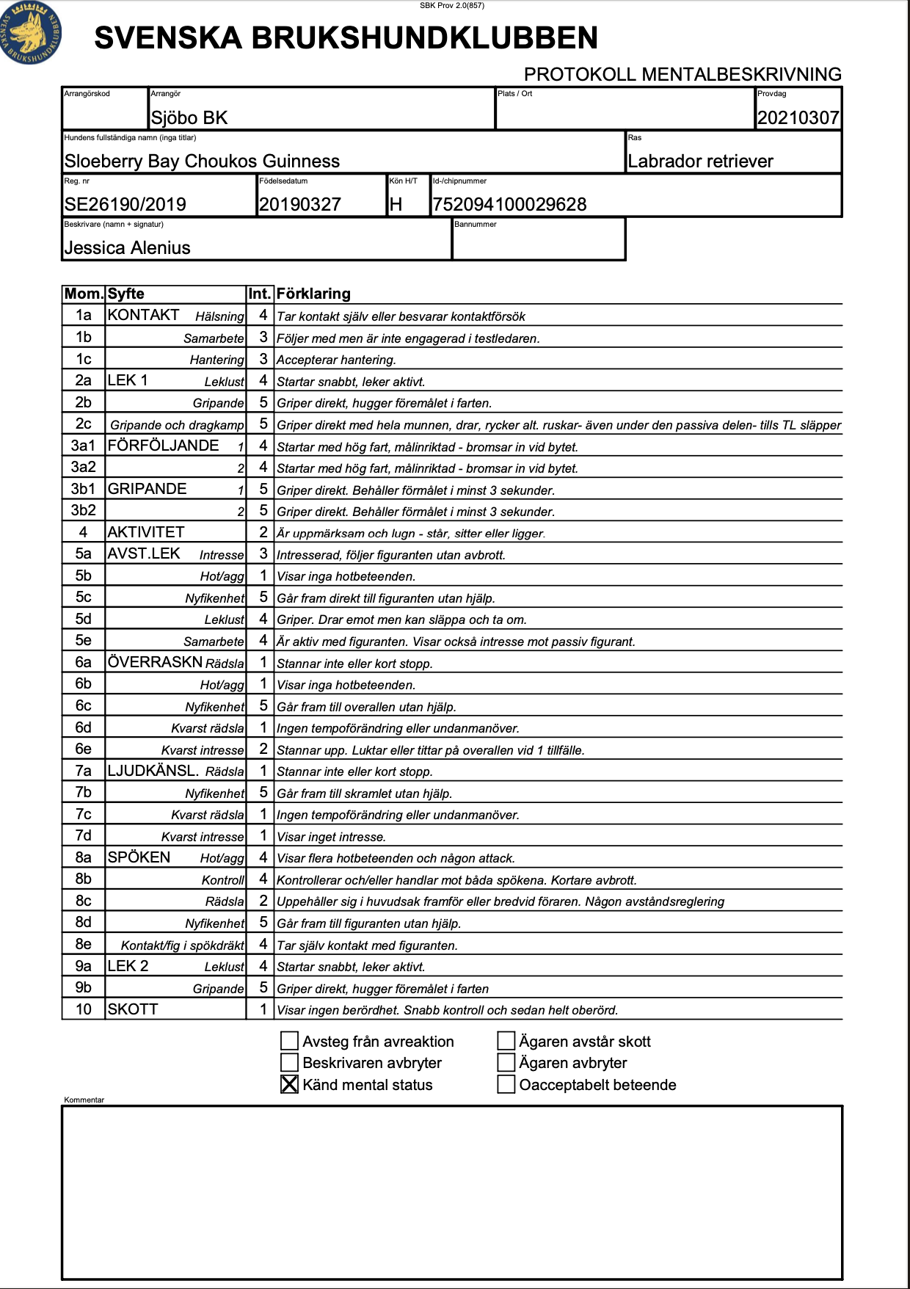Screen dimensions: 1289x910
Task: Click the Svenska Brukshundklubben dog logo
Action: [x=31, y=33]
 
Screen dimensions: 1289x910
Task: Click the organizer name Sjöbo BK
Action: [x=189, y=117]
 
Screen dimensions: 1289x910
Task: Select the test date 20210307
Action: [x=798, y=117]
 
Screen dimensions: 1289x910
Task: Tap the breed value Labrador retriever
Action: [x=700, y=161]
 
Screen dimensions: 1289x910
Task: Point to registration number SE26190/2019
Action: [x=125, y=204]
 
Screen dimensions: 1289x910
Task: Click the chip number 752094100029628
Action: [x=510, y=204]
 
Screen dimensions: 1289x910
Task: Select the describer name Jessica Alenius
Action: [x=128, y=248]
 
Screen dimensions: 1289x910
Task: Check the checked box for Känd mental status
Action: [x=290, y=1084]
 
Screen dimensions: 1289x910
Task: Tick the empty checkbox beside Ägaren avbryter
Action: [x=506, y=1062]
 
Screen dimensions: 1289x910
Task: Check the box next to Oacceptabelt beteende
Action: [x=506, y=1084]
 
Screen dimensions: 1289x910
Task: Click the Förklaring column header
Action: [x=313, y=294]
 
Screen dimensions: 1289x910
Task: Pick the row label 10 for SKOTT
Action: [x=84, y=1009]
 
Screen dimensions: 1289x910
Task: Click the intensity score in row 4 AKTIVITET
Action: [x=263, y=532]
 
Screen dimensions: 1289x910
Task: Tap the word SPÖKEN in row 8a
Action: [x=139, y=857]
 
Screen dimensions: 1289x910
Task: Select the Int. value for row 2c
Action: [x=263, y=424]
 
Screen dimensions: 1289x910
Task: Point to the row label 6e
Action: [x=84, y=749]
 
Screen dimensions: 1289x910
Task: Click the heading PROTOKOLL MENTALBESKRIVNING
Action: [x=682, y=74]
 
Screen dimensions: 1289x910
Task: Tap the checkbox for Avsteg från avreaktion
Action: [x=290, y=1041]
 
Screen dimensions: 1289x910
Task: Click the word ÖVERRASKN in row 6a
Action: [x=155, y=662]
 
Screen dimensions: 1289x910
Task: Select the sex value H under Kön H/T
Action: [x=396, y=204]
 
